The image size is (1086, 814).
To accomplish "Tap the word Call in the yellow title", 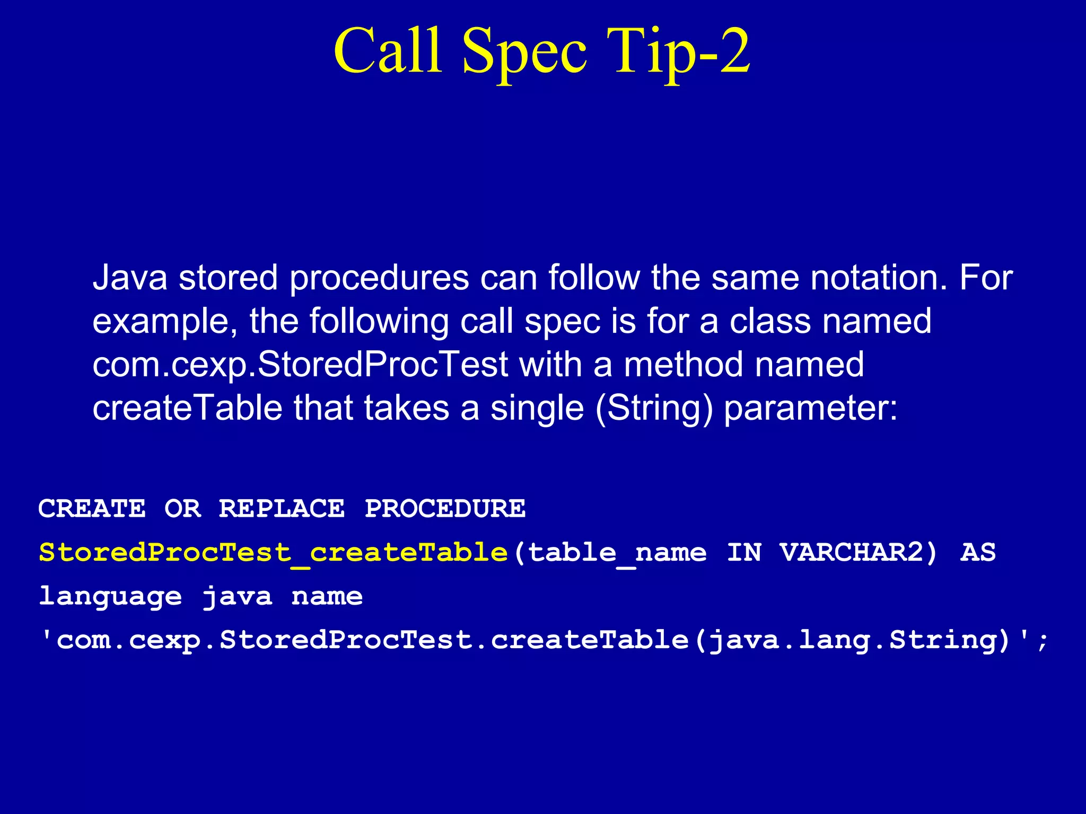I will click(388, 52).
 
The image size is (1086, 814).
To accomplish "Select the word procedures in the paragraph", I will click(379, 278).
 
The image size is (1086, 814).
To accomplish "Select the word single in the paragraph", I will click(537, 408).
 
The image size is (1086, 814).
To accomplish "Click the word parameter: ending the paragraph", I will click(811, 409).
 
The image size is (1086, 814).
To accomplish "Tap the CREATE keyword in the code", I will click(92, 509).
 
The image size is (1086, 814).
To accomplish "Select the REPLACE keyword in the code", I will click(282, 509).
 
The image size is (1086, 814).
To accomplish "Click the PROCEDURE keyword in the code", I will click(445, 509).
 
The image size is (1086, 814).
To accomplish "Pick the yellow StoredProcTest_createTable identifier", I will click(274, 553).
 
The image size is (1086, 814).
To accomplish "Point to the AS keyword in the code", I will click(978, 553).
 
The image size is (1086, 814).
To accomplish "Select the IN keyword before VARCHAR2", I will click(744, 553).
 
